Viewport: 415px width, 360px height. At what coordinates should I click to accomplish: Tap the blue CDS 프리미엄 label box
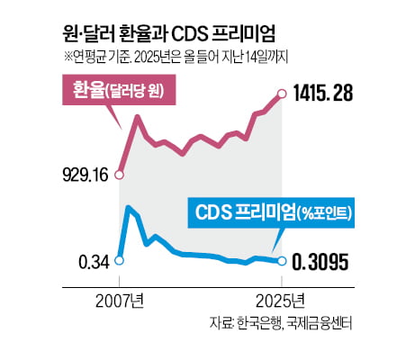click(274, 214)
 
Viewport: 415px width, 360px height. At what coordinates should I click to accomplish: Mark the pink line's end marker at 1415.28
click(283, 94)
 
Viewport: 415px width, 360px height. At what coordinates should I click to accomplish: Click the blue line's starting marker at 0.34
click(121, 261)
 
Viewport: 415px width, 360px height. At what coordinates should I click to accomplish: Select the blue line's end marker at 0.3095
click(283, 262)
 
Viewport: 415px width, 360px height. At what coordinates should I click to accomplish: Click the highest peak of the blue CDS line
click(131, 208)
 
